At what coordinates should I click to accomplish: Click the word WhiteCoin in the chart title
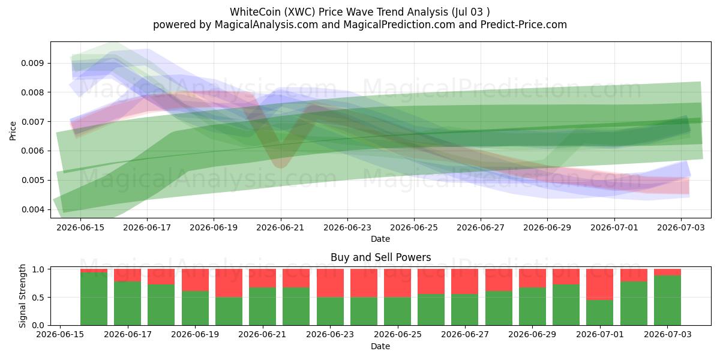255,12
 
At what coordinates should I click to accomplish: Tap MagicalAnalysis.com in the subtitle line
266,25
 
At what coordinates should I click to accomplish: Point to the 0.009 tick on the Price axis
32,63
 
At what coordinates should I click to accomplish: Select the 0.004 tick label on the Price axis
32,209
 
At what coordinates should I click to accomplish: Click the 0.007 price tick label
32,122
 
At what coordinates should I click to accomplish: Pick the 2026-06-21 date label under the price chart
280,227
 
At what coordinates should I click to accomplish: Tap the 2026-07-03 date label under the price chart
681,227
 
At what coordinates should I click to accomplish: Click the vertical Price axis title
13,131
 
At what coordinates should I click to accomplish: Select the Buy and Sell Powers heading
380,257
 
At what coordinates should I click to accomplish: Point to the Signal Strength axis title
22,296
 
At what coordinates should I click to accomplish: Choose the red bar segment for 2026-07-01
600,284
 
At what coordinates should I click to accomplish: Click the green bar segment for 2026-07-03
668,300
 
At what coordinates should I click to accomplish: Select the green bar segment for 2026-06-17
128,304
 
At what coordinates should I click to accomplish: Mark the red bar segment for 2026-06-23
330,283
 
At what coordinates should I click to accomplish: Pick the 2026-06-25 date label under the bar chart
398,334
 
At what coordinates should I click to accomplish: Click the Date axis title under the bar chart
380,347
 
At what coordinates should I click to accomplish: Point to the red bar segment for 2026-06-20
229,283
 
